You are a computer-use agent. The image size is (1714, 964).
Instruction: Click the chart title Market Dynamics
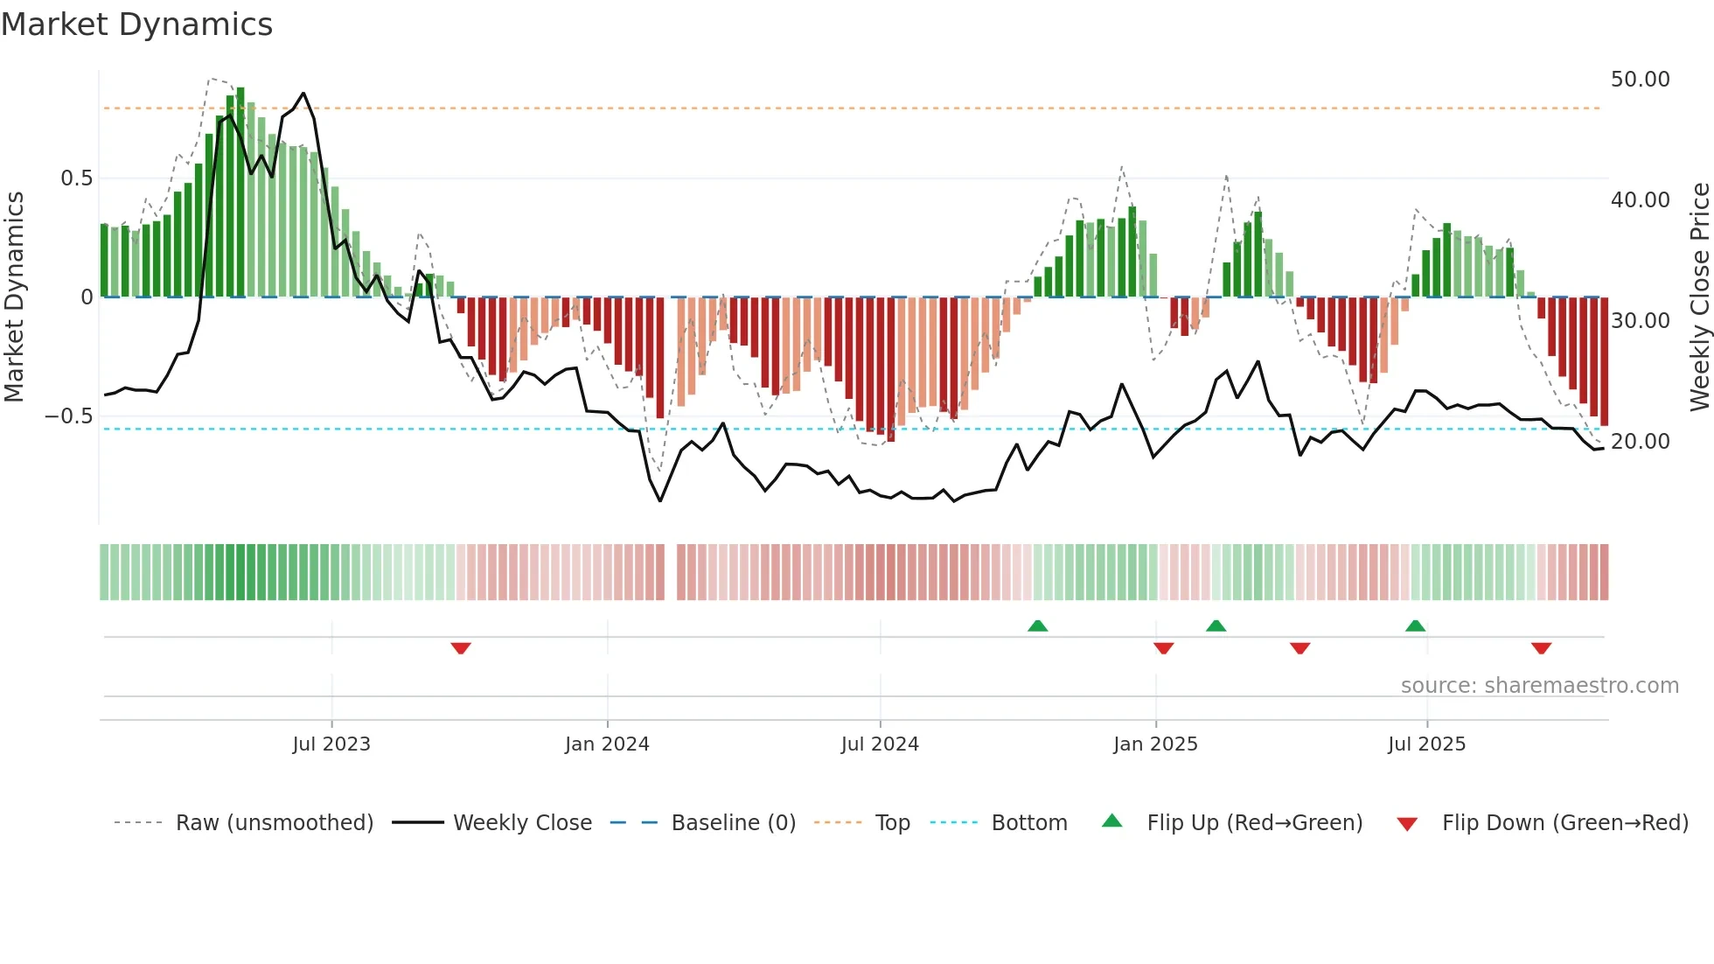[136, 24]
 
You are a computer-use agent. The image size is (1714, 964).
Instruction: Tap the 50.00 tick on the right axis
[1640, 80]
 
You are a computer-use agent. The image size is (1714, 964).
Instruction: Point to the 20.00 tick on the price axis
[1640, 442]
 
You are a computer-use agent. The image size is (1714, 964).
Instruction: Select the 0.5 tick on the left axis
[76, 178]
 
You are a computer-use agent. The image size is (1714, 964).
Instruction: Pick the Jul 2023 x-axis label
[331, 744]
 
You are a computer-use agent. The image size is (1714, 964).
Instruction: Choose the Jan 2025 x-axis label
[1155, 744]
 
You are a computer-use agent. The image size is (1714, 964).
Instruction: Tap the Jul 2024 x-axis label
[880, 744]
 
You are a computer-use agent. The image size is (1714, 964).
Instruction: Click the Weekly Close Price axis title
[1699, 297]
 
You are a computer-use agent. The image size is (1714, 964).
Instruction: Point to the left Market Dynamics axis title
[14, 297]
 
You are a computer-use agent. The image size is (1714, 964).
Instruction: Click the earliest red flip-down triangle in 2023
[461, 648]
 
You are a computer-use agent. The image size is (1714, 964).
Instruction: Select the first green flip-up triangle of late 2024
[1037, 625]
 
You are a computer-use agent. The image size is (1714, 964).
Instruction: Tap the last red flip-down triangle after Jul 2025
[1541, 648]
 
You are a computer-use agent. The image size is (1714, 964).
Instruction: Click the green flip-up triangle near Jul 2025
[1415, 625]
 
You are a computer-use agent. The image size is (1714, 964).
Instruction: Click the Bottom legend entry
[1028, 823]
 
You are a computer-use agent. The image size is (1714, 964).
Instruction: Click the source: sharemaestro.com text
[1539, 686]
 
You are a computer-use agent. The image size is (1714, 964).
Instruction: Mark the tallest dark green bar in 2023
[240, 192]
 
